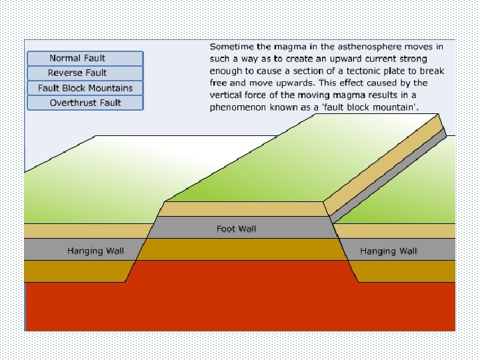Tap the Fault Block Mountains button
click(85, 88)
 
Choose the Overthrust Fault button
click(85, 103)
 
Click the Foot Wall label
click(236, 229)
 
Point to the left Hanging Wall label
click(95, 251)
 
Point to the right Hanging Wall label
click(388, 251)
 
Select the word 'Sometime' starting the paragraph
click(231, 47)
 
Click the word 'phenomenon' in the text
click(239, 107)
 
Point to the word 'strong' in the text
click(413, 59)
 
